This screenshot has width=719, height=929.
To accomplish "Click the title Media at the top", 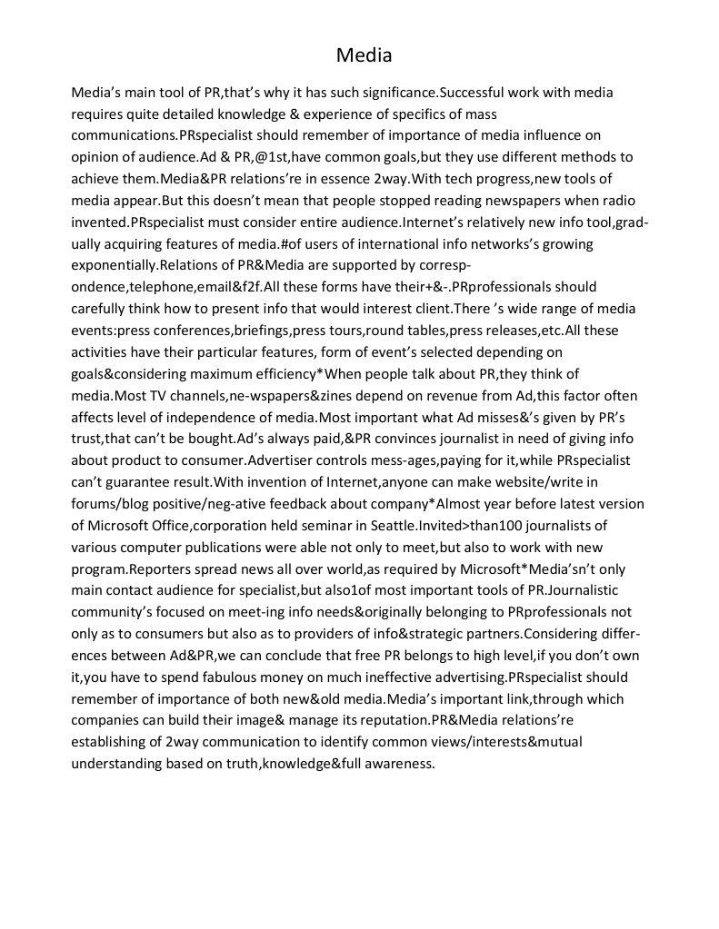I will pos(364,56).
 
